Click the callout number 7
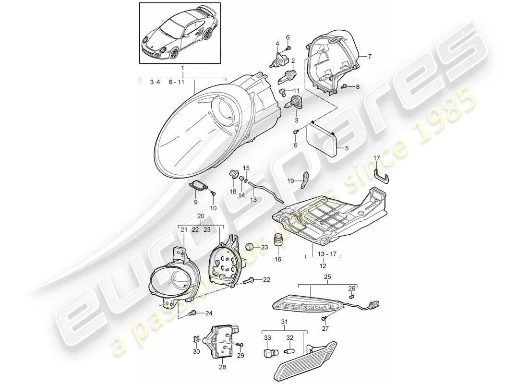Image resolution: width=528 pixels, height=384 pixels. coord(370,57)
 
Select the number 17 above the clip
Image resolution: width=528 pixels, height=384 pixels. coord(377,158)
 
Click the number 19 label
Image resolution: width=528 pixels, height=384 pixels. coord(290,181)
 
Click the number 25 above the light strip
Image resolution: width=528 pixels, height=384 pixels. coord(314,277)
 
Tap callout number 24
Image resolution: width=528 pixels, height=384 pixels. coord(208,314)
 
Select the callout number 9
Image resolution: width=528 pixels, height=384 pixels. coord(196,203)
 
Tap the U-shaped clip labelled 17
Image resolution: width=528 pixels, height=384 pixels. coord(383,175)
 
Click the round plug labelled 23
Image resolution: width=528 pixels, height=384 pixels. coord(249,247)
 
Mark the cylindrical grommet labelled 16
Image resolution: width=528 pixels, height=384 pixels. coord(278,239)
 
